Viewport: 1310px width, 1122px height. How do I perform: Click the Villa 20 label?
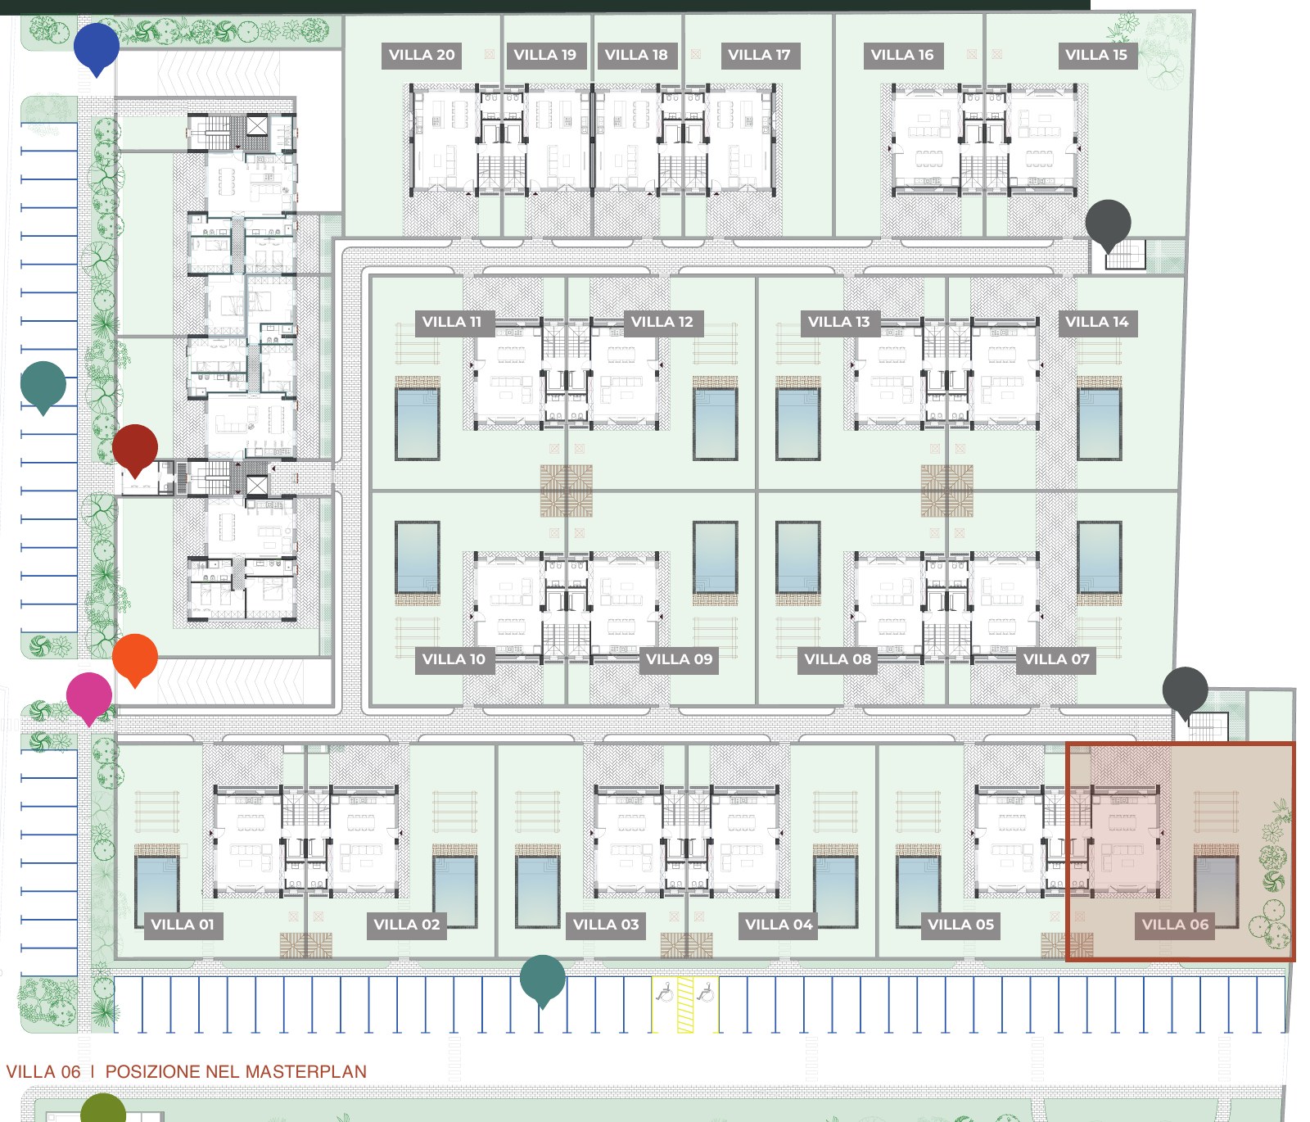click(x=422, y=55)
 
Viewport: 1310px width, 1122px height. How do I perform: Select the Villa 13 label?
click(x=838, y=322)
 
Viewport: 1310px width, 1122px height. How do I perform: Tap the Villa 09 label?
click(x=679, y=659)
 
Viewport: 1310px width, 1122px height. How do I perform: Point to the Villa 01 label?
click(x=182, y=925)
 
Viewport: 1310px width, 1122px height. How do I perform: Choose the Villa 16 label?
click(x=901, y=55)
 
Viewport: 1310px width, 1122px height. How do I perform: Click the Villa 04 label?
click(x=779, y=925)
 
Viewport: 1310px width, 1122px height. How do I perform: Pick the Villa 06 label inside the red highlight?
click(x=1175, y=925)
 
